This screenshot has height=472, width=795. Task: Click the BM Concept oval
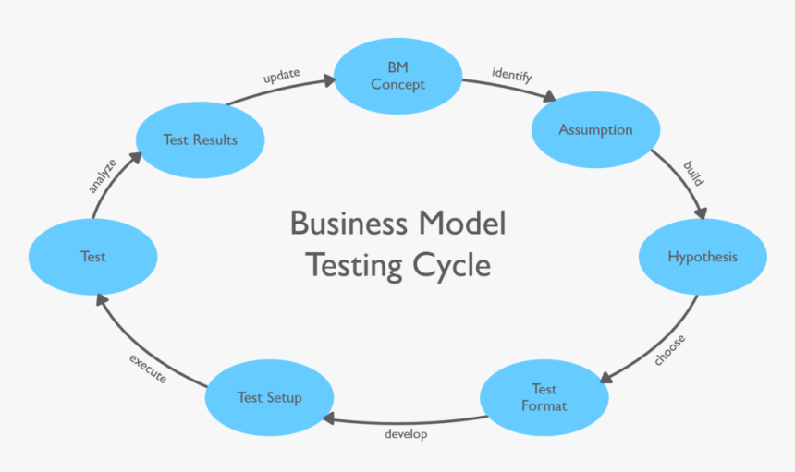click(x=397, y=76)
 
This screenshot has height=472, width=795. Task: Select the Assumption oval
click(x=595, y=130)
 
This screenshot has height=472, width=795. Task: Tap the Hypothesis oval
click(x=703, y=257)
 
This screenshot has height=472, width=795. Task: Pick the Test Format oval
click(x=544, y=397)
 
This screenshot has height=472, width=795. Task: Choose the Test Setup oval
click(x=269, y=397)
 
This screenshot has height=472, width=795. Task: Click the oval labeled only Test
click(x=92, y=257)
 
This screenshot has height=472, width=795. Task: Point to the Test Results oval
click(x=200, y=140)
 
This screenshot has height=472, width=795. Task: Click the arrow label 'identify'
click(x=511, y=76)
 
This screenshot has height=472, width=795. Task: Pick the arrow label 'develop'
click(x=406, y=434)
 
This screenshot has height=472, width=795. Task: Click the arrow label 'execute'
click(x=148, y=369)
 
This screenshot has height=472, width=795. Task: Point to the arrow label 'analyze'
click(x=102, y=175)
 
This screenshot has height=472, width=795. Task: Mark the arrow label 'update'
click(x=281, y=76)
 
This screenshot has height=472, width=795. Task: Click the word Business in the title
click(x=349, y=224)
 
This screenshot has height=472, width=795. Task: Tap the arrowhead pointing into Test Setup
click(x=328, y=419)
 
